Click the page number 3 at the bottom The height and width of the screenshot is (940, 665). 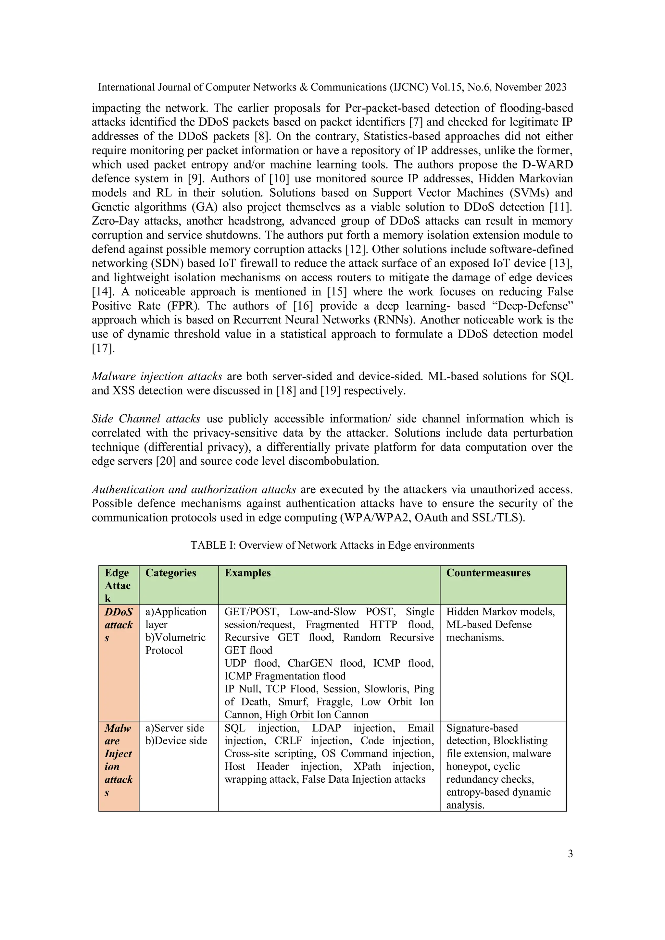coord(570,854)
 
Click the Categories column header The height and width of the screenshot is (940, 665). coord(170,573)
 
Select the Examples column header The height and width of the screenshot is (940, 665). coord(247,573)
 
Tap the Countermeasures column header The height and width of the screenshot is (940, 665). coord(488,573)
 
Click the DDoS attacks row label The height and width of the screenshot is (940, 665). coord(119,624)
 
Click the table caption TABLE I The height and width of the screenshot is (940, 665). coord(332,545)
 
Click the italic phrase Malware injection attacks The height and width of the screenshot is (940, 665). coord(157,376)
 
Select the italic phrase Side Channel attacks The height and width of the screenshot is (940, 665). coord(146,419)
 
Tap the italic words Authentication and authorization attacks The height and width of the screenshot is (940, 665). coord(194,490)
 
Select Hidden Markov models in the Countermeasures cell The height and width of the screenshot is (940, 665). coord(500,612)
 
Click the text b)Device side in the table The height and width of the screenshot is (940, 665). coord(176,741)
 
